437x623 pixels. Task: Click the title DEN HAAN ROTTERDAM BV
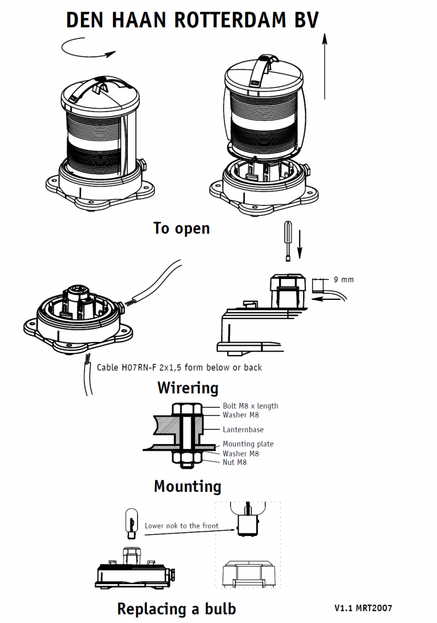point(192,20)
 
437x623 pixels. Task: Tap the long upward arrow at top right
point(324,66)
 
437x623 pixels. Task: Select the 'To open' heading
point(181,228)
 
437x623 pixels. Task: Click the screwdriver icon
point(288,241)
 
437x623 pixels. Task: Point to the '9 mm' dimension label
point(344,280)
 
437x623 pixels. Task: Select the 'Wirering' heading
point(187,388)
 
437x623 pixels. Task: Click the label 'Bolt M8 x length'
point(250,406)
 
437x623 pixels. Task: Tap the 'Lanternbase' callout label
point(243,430)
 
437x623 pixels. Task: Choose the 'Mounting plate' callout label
point(248,444)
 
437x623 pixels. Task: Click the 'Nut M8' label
point(234,462)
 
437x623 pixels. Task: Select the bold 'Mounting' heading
point(187,486)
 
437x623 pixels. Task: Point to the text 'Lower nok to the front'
point(181,526)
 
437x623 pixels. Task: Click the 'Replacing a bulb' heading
point(176,608)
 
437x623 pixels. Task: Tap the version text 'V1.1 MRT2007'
point(363,608)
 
